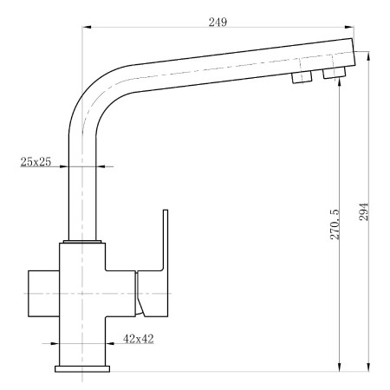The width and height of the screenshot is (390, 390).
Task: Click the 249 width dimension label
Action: (x=218, y=21)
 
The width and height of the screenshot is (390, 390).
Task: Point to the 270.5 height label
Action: (x=335, y=224)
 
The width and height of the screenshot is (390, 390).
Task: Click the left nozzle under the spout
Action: (x=301, y=77)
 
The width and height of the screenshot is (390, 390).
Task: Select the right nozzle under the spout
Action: (x=333, y=75)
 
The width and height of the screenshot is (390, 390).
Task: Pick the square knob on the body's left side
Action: (x=43, y=295)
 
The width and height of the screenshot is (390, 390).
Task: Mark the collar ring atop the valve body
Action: (x=84, y=242)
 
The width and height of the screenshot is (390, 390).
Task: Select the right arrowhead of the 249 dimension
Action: (x=351, y=28)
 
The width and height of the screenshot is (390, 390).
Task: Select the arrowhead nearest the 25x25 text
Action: (x=65, y=166)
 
